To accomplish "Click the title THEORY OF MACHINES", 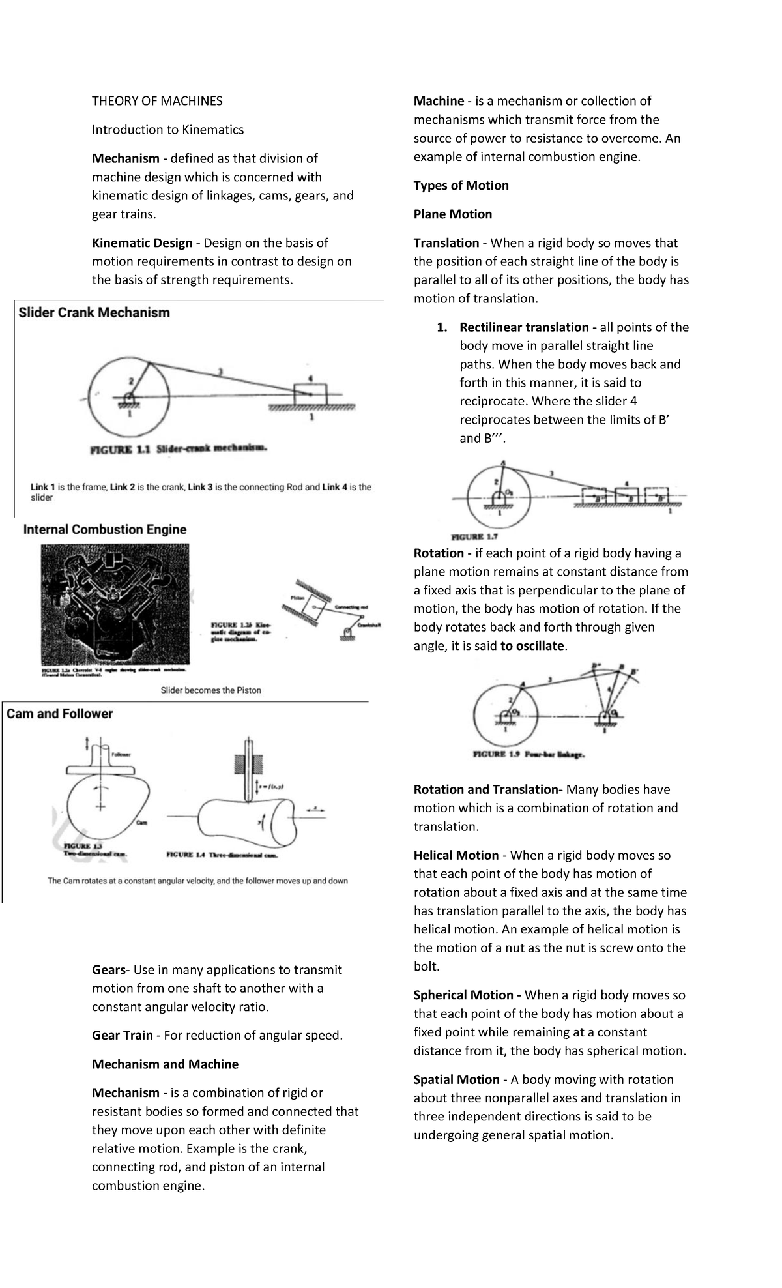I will point(157,101).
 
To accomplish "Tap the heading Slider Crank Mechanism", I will point(94,313).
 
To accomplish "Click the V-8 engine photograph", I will point(114,604).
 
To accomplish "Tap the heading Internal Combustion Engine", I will point(105,530).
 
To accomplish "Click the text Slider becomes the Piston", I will point(210,690).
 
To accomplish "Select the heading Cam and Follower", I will point(59,714).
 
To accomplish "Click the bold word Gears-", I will point(111,970).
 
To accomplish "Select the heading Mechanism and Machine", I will point(165,1064).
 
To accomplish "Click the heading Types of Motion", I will point(461,186).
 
